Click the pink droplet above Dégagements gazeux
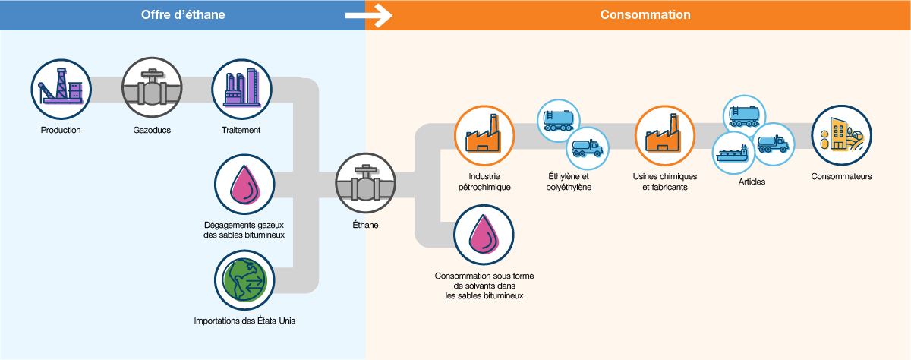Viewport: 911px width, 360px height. tap(244, 185)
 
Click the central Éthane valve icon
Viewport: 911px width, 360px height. tap(366, 185)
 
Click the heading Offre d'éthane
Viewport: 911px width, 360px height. tap(183, 15)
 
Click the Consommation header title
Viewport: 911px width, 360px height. tap(645, 15)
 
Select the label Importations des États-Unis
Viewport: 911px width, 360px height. tap(244, 321)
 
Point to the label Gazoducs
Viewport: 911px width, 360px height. tap(152, 130)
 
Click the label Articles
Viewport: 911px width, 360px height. tap(752, 182)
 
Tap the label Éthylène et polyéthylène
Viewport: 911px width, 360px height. tap(568, 182)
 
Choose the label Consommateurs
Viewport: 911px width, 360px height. tap(841, 177)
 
